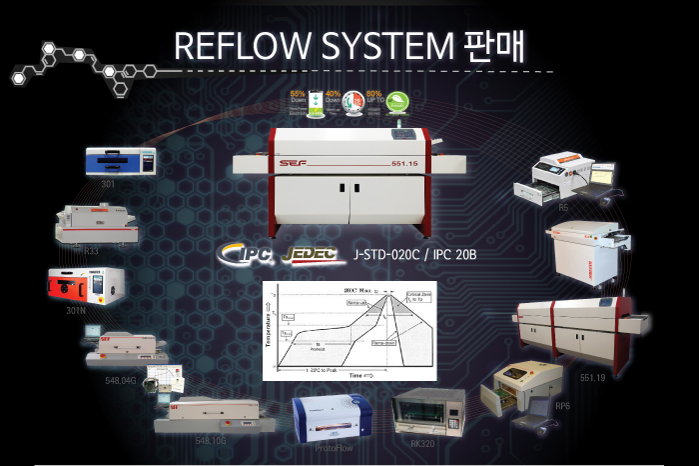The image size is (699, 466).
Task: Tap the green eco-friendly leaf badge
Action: (x=397, y=101)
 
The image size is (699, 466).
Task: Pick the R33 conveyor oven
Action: (x=96, y=222)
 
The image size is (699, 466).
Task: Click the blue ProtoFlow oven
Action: (x=333, y=418)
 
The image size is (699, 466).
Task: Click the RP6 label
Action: (x=562, y=407)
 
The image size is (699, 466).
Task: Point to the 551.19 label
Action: (x=592, y=378)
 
